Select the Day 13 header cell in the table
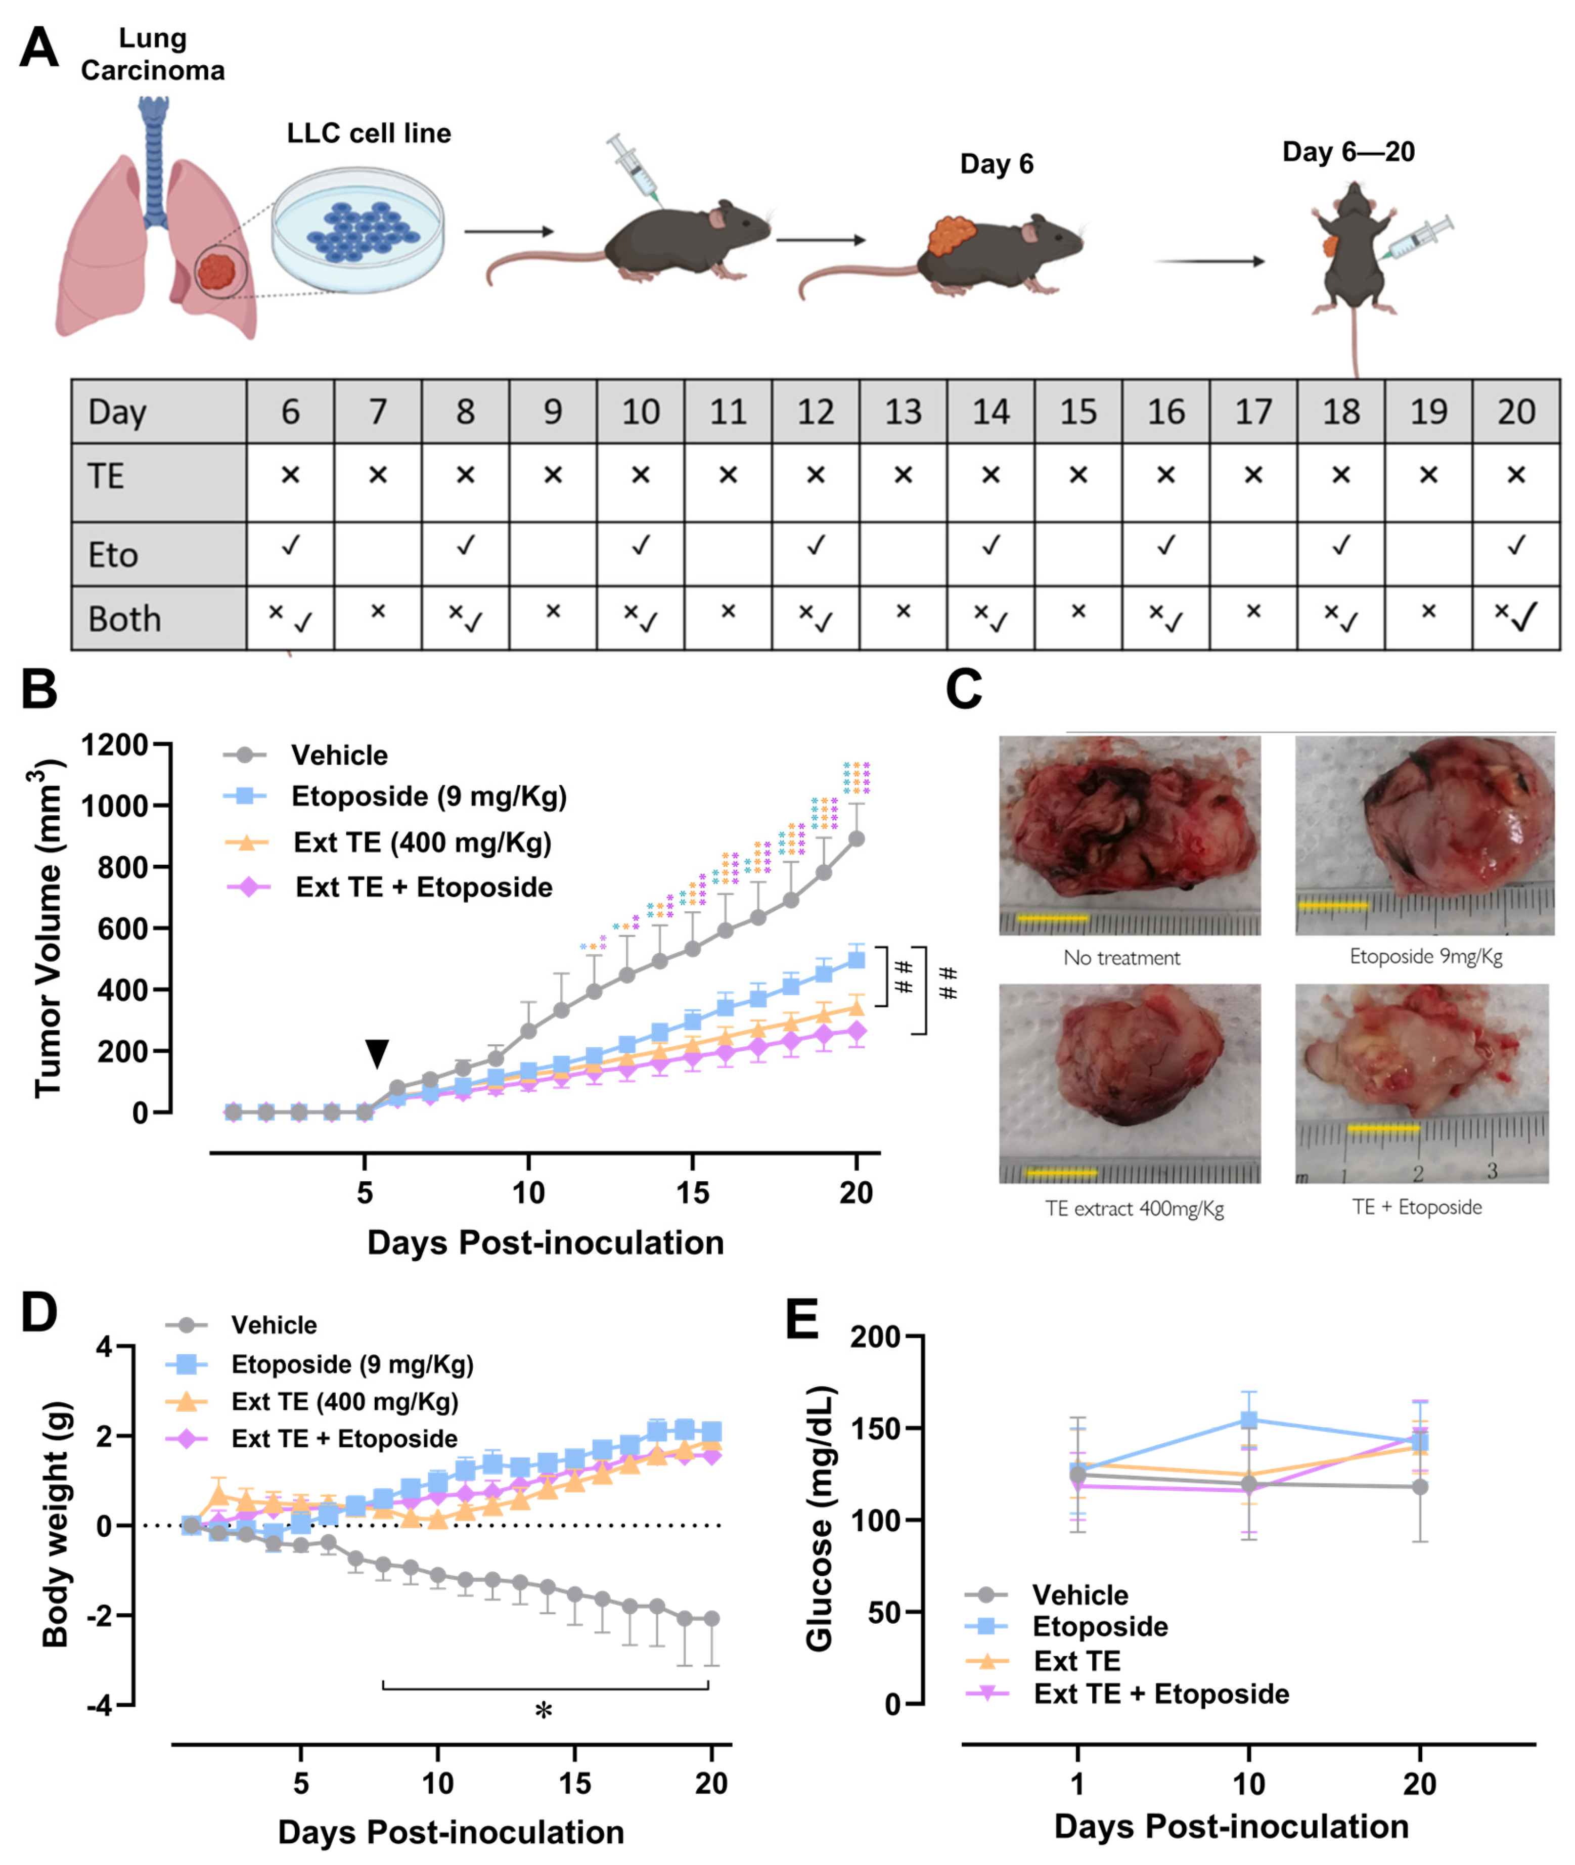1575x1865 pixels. [903, 412]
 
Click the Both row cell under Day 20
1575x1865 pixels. [1515, 617]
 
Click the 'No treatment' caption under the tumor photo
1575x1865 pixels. [1121, 958]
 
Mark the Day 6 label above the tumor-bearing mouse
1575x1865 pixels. [997, 164]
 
